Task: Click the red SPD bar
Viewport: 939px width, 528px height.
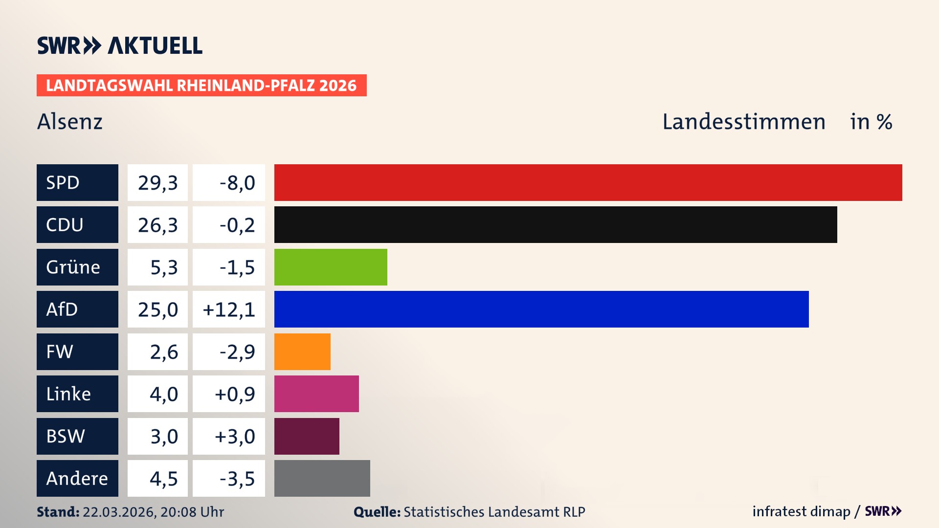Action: [588, 182]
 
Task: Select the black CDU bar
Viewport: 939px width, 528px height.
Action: [556, 225]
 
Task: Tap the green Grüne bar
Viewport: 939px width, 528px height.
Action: [331, 267]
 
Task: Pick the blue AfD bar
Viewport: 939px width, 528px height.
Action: [541, 309]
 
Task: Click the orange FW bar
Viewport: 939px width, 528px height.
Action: [302, 352]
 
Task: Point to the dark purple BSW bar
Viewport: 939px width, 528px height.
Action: [307, 436]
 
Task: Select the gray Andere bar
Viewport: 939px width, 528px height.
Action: [322, 478]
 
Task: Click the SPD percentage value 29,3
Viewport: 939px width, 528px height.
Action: [157, 183]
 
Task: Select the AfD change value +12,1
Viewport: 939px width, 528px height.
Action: [229, 309]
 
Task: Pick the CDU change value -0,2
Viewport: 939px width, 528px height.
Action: [237, 225]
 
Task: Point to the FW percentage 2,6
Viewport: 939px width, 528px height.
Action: [164, 352]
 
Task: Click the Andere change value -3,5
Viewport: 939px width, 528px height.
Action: [237, 479]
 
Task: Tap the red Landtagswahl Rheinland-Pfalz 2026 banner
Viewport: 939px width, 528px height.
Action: [201, 86]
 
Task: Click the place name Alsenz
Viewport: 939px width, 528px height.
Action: [70, 122]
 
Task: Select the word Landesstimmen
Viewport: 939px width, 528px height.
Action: [743, 122]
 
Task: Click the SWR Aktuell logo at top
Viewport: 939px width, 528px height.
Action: [120, 45]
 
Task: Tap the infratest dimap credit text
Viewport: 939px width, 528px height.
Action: [801, 511]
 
